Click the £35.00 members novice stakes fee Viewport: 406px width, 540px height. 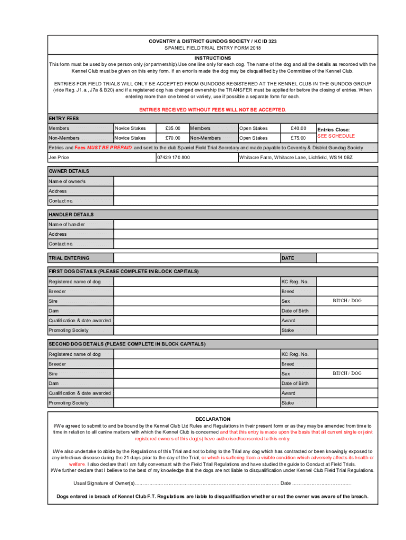(172, 128)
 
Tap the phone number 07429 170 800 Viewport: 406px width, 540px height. (173, 158)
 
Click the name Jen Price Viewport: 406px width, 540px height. (59, 158)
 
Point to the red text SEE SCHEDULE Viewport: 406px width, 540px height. (336, 136)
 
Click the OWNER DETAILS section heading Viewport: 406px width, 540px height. (69, 171)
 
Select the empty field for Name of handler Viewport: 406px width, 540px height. (245, 225)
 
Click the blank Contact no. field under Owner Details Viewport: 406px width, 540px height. (245, 201)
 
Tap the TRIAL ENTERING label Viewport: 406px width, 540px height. (69, 258)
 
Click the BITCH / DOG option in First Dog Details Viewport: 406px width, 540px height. (347, 301)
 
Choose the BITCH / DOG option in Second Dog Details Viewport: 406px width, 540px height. (347, 373)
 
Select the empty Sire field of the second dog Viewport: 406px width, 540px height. (196, 373)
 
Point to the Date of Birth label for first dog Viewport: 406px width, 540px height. (295, 311)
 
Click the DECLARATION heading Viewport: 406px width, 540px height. (212, 419)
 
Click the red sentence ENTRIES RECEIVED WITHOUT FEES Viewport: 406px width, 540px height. (212, 110)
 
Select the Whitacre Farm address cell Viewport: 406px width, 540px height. (296, 158)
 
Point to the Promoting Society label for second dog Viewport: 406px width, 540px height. (69, 403)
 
